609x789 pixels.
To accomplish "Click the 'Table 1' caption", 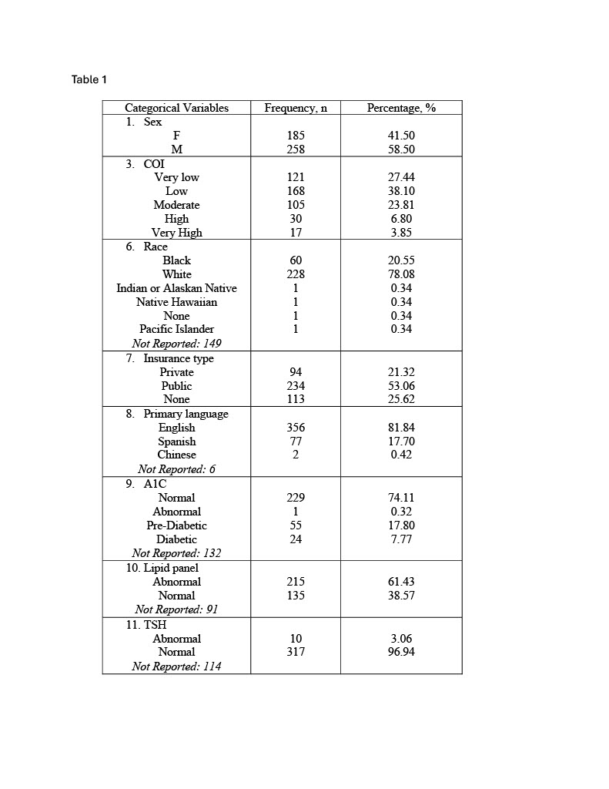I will click(x=89, y=79).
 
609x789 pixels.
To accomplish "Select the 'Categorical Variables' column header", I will click(x=176, y=108).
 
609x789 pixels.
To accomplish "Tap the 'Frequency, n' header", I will click(x=296, y=108).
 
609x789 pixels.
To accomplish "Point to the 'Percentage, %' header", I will click(x=401, y=108).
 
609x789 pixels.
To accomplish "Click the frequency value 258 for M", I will click(x=296, y=149).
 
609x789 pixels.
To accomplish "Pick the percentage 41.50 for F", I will click(x=402, y=136).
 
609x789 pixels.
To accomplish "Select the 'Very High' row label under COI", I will click(x=176, y=233).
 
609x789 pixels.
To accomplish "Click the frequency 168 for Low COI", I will click(x=296, y=191).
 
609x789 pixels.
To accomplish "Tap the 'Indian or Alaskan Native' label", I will click(x=176, y=288).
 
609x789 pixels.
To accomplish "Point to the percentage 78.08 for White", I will click(x=402, y=274).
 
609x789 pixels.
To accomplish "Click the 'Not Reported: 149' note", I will click(x=176, y=344).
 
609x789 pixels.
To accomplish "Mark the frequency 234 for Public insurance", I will click(x=296, y=386).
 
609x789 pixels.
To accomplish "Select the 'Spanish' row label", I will click(x=176, y=442).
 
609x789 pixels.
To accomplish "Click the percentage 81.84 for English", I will click(x=402, y=428).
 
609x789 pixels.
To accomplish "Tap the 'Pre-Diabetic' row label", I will click(x=176, y=525).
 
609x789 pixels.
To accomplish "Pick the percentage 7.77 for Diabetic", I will click(x=402, y=539).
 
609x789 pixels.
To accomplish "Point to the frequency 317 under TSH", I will click(x=296, y=652).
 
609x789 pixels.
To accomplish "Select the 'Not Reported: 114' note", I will click(x=176, y=666).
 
